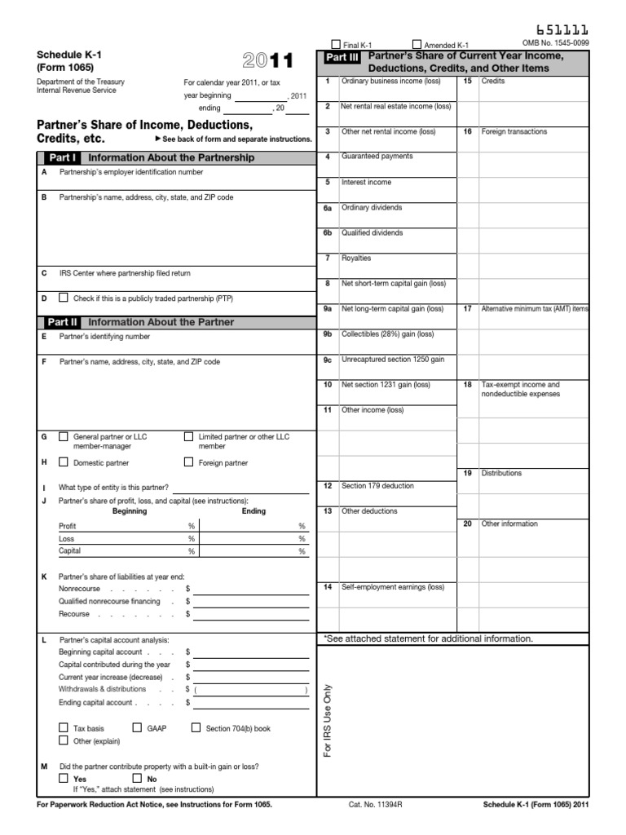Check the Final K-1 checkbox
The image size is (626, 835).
[x=335, y=44]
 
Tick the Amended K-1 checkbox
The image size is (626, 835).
[x=417, y=44]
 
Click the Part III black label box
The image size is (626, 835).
[x=342, y=58]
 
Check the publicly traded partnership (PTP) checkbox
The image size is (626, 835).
[x=64, y=298]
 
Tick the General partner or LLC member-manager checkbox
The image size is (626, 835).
[x=64, y=437]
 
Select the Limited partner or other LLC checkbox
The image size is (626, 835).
[x=189, y=437]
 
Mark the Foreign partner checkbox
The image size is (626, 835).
[x=189, y=462]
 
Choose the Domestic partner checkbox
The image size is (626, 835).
[x=64, y=462]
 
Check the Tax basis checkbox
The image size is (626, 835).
[x=64, y=727]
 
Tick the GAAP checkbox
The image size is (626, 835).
[x=137, y=727]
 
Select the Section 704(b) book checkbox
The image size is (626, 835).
[x=196, y=727]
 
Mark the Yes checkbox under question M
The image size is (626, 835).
[x=64, y=778]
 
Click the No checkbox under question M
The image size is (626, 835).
[x=137, y=778]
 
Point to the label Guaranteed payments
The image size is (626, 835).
[x=377, y=157]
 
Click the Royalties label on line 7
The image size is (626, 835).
[x=356, y=258]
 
